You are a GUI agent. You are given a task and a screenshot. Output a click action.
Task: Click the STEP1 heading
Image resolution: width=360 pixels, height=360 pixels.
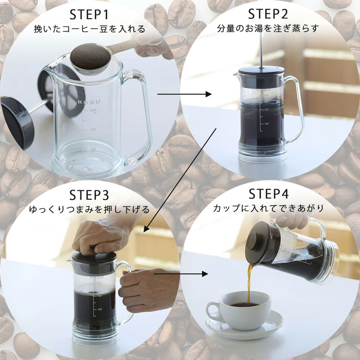(x=90, y=14)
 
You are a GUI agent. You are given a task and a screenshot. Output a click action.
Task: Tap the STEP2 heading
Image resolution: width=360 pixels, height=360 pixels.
(x=268, y=14)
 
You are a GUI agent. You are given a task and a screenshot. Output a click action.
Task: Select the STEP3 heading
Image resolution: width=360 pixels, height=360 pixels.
(x=89, y=195)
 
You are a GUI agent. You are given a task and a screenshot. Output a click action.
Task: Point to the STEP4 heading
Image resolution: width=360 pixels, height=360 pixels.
(x=268, y=194)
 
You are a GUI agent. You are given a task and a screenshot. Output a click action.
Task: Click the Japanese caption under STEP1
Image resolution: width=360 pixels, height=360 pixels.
(x=90, y=30)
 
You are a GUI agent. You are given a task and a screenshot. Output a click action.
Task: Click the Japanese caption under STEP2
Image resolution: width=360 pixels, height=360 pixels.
(x=268, y=29)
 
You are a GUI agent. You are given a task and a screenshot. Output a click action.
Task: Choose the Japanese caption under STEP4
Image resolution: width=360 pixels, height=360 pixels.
(x=268, y=209)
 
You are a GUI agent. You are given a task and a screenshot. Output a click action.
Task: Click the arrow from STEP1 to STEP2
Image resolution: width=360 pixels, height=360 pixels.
(x=184, y=94)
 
